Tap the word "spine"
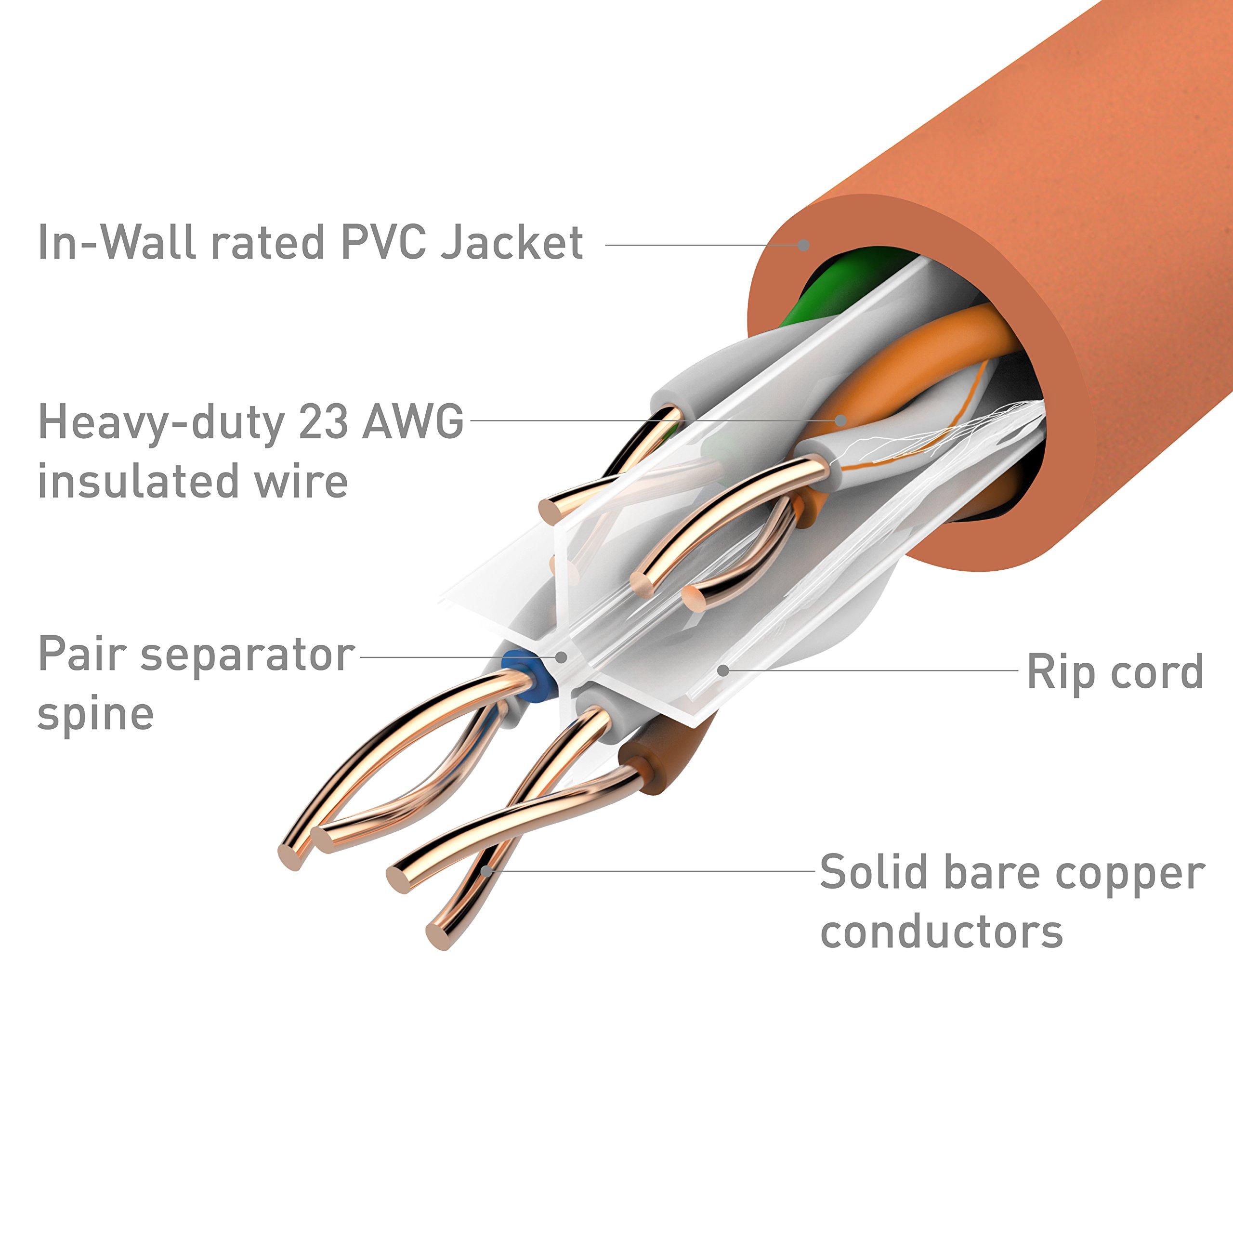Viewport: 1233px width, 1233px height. click(x=96, y=713)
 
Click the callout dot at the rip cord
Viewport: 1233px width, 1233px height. click(x=722, y=669)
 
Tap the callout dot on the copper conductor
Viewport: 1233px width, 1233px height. click(x=487, y=869)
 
